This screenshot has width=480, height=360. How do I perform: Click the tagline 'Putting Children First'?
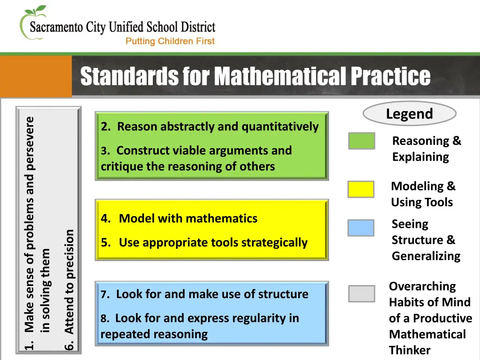pyautogui.click(x=170, y=41)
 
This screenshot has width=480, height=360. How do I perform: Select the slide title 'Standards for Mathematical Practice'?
pyautogui.click(x=255, y=76)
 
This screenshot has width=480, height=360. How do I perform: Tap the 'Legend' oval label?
pyautogui.click(x=409, y=114)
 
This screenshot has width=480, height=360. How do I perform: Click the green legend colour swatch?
pyautogui.click(x=361, y=141)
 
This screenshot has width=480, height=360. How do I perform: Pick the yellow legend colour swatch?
pyautogui.click(x=360, y=189)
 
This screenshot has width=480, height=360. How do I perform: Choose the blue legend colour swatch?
pyautogui.click(x=360, y=228)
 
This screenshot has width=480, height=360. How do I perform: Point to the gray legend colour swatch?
pyautogui.click(x=361, y=294)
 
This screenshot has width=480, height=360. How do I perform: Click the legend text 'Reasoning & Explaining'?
pyautogui.click(x=427, y=149)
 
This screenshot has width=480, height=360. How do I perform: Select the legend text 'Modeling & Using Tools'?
pyautogui.click(x=423, y=194)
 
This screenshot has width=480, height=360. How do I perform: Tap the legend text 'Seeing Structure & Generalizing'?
pyautogui.click(x=426, y=240)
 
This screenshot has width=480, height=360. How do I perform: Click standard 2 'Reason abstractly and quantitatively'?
pyautogui.click(x=210, y=127)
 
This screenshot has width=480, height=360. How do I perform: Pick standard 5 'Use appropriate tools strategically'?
pyautogui.click(x=204, y=243)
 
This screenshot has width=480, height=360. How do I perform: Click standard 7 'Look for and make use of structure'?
pyautogui.click(x=204, y=294)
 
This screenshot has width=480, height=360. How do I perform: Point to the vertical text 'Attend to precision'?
pyautogui.click(x=69, y=281)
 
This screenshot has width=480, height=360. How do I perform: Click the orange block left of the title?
pyautogui.click(x=36, y=76)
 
